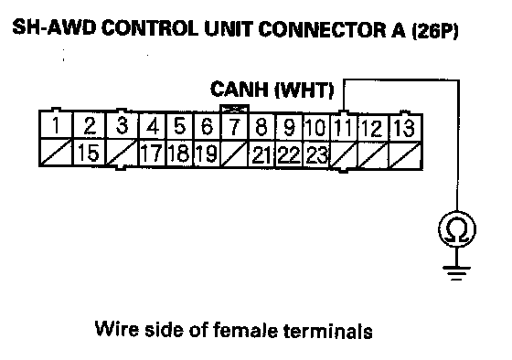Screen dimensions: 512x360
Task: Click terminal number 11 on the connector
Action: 343,127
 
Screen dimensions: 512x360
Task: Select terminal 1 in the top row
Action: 56,125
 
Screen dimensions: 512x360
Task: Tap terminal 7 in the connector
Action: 234,127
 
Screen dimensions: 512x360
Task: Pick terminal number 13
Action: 405,128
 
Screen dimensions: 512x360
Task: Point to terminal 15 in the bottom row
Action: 89,153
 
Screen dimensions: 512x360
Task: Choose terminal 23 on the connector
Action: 317,154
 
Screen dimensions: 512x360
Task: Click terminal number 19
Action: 207,154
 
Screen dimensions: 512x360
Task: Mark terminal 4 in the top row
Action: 153,126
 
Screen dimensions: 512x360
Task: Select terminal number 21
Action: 261,154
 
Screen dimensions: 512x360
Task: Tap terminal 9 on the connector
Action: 289,127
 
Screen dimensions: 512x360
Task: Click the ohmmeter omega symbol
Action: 457,229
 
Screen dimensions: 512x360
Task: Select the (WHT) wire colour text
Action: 304,90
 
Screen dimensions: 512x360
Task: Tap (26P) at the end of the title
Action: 435,30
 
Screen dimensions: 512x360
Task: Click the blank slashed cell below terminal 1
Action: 56,152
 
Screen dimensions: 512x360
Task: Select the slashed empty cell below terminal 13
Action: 405,155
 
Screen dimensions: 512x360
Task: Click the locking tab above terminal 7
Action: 235,109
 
